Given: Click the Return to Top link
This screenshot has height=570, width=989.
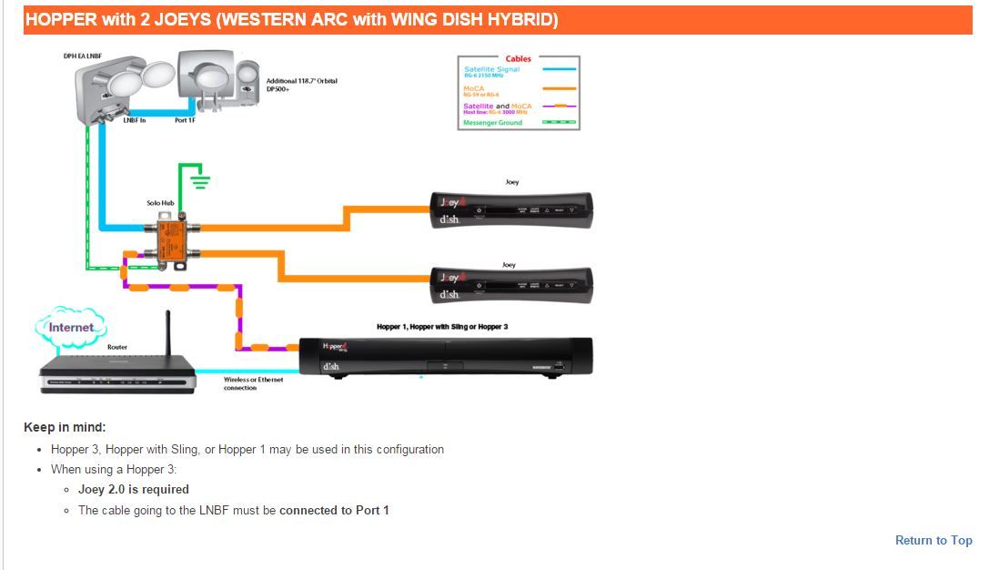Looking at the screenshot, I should (933, 540).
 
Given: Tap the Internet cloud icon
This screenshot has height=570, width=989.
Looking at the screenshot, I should (70, 326).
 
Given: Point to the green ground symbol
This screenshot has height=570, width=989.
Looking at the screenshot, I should (198, 181).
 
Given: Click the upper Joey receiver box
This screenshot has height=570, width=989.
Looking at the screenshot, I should (510, 209).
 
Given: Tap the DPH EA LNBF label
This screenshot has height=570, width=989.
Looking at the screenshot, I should (83, 56).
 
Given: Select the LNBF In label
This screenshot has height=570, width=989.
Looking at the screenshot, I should (134, 120).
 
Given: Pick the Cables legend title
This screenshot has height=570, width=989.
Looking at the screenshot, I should (518, 59).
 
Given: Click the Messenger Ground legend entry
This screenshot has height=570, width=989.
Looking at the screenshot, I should (493, 122).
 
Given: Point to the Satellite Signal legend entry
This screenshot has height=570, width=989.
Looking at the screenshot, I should (492, 70).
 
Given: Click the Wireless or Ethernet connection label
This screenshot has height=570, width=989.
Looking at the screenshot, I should (253, 383).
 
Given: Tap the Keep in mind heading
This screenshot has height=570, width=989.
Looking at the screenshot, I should (65, 427).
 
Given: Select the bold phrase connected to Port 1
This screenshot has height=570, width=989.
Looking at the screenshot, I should (334, 510).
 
